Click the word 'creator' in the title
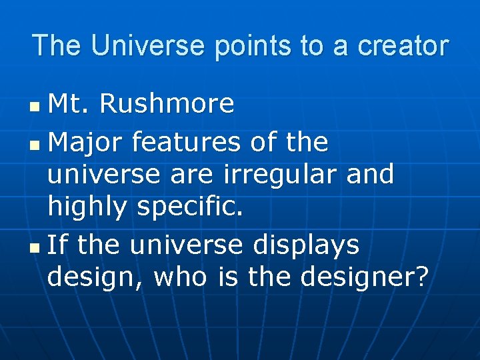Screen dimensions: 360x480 point(403,45)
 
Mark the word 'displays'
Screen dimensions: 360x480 point(306,245)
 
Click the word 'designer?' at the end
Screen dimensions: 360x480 point(363,277)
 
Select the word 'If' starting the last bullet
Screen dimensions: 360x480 point(57,245)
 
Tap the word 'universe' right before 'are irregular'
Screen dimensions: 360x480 point(103,175)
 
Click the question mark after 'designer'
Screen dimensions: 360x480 point(420,277)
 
